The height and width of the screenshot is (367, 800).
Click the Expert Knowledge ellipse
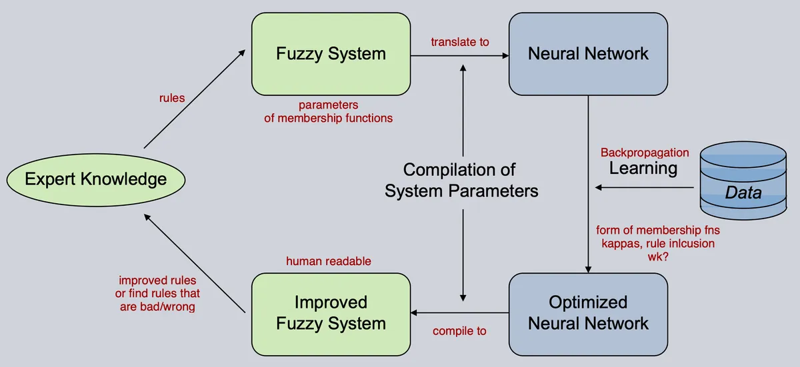pyautogui.click(x=96, y=180)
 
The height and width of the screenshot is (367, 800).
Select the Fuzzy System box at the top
pyautogui.click(x=331, y=54)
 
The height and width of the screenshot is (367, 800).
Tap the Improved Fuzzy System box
pyautogui.click(x=331, y=314)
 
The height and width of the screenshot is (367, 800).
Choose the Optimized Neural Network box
pyautogui.click(x=588, y=314)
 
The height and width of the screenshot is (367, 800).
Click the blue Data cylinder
pyautogui.click(x=743, y=180)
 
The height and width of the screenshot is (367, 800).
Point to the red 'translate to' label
pyautogui.click(x=460, y=42)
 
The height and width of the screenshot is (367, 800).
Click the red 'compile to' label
pyautogui.click(x=459, y=331)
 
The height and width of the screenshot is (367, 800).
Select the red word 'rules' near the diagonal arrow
pyautogui.click(x=172, y=98)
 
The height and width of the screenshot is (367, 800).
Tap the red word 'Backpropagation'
pyautogui.click(x=645, y=153)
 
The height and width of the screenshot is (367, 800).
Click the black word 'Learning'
pyautogui.click(x=643, y=168)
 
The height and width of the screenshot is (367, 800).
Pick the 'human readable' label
pyautogui.click(x=329, y=261)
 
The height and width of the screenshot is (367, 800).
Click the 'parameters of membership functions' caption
pyautogui.click(x=329, y=111)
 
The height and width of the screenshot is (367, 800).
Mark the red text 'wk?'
pyautogui.click(x=658, y=257)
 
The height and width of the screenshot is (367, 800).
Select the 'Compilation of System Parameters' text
pyautogui.click(x=461, y=180)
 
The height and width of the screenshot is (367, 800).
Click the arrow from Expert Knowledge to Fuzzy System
pyautogui.click(x=195, y=99)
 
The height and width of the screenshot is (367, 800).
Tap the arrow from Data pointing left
pyautogui.click(x=645, y=187)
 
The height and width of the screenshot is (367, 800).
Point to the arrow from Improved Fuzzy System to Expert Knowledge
pyautogui.click(x=195, y=263)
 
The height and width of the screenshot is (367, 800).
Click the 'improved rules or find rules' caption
pyautogui.click(x=157, y=294)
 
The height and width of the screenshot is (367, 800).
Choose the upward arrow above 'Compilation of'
pyautogui.click(x=463, y=111)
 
